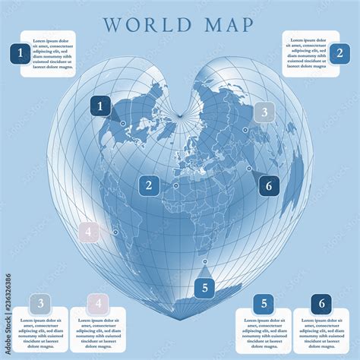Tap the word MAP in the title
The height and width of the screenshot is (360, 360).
[228, 24]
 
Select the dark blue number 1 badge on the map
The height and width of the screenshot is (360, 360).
[100, 106]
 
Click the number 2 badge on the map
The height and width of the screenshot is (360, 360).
[149, 185]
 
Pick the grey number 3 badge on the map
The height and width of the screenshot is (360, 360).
[264, 112]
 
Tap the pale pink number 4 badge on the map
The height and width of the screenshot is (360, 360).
[89, 232]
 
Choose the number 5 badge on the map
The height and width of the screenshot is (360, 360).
[204, 287]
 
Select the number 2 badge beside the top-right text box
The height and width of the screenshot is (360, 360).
[339, 53]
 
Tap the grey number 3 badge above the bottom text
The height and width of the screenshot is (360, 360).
[40, 305]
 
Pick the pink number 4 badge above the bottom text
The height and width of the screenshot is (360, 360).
[97, 305]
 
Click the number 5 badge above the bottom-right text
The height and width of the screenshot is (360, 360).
[264, 305]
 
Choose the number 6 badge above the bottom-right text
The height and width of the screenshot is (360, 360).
[322, 305]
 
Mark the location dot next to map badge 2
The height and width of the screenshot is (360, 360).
[175, 185]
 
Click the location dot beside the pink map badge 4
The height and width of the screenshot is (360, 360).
[115, 232]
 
